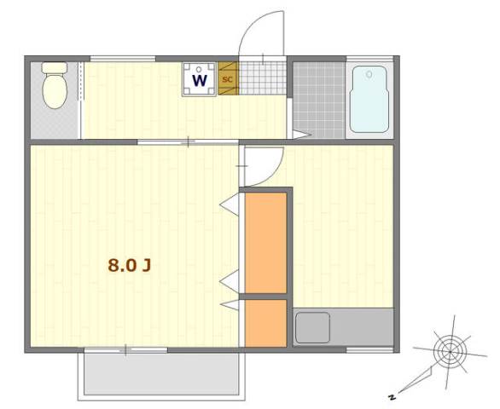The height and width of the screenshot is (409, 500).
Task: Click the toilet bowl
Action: [x=55, y=91]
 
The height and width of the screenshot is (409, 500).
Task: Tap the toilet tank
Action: [x=55, y=67]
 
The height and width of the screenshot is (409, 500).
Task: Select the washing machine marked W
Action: [x=200, y=79]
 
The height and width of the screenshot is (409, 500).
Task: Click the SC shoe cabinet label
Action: [x=227, y=79]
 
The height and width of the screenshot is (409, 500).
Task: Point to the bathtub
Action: [x=369, y=99]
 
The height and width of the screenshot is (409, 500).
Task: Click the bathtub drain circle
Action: [x=369, y=74]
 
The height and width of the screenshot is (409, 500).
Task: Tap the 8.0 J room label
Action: [x=129, y=265]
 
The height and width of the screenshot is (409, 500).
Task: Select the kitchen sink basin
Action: [x=312, y=328]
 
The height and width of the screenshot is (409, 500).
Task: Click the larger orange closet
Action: [x=265, y=243]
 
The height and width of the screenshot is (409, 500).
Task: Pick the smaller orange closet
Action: [x=265, y=323]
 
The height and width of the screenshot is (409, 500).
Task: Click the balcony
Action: [x=161, y=376]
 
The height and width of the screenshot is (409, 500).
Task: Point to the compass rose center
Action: [x=450, y=352]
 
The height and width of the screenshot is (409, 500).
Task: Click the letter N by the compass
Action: [x=392, y=397]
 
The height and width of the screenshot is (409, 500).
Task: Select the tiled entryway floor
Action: [x=263, y=78]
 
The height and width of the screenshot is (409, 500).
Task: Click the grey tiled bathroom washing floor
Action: [x=319, y=100]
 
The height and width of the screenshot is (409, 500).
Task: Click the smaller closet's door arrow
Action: [x=230, y=305]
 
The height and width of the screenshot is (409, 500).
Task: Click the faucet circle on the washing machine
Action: [x=200, y=69]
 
